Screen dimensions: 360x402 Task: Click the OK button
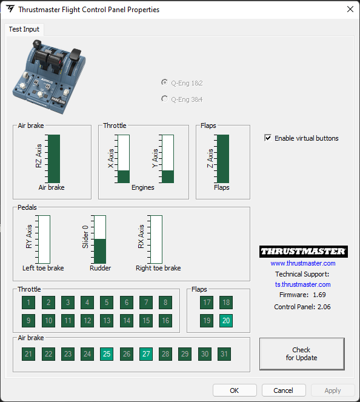pyautogui.click(x=235, y=390)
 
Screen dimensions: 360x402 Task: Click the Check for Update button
pyautogui.click(x=302, y=354)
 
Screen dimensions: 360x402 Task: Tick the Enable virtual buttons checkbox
pyautogui.click(x=268, y=138)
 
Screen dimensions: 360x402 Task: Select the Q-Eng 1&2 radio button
pyautogui.click(x=164, y=82)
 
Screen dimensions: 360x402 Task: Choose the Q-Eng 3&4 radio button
pyautogui.click(x=164, y=99)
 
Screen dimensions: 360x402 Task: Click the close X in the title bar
pyautogui.click(x=350, y=9)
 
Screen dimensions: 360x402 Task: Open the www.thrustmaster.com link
pyautogui.click(x=303, y=263)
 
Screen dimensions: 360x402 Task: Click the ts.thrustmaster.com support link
pyautogui.click(x=303, y=284)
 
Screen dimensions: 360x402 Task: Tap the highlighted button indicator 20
pyautogui.click(x=226, y=321)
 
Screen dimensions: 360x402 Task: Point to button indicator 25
pyautogui.click(x=107, y=354)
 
